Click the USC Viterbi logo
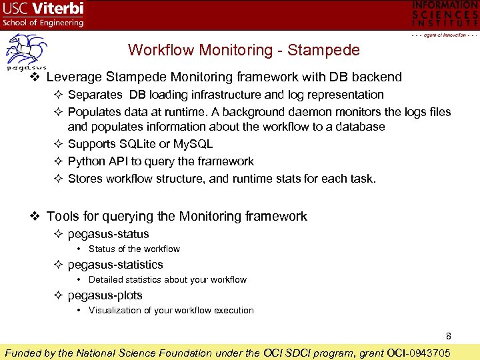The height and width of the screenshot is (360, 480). pos(44,15)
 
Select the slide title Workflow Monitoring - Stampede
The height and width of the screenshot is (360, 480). pos(243,50)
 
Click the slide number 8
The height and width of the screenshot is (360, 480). pos(449,336)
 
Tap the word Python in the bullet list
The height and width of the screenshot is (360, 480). pos(87,161)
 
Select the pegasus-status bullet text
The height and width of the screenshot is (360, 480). pos(108,234)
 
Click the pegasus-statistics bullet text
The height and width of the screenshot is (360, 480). pos(115,265)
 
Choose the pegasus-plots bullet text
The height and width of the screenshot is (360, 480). pos(105,295)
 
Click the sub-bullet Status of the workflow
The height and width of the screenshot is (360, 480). pos(134,249)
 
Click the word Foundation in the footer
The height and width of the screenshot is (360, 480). pos(179,353)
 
